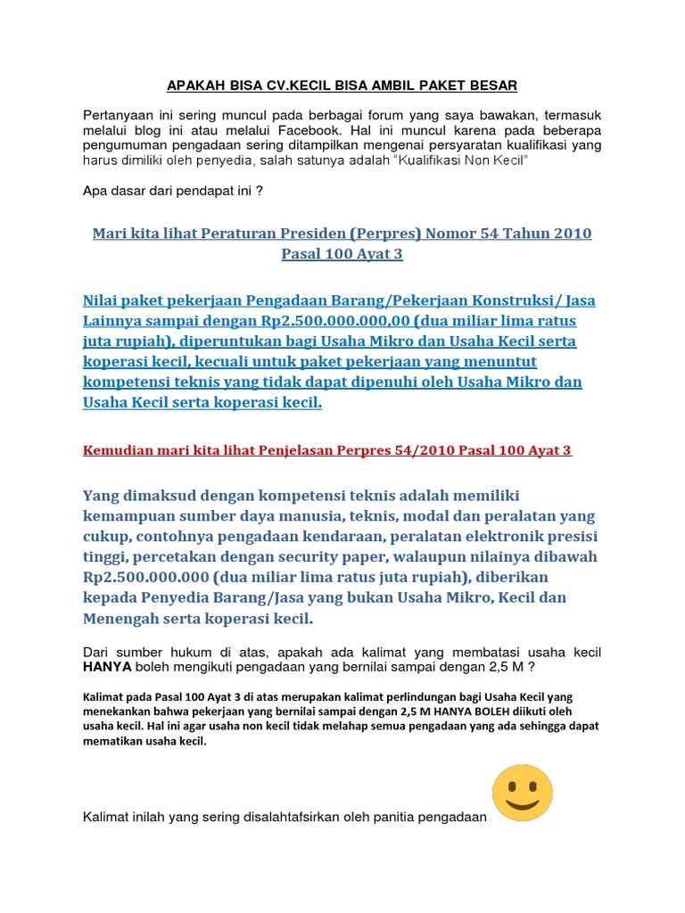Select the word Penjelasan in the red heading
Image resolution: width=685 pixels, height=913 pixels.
287,450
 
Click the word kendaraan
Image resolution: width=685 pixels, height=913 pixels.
392,536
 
